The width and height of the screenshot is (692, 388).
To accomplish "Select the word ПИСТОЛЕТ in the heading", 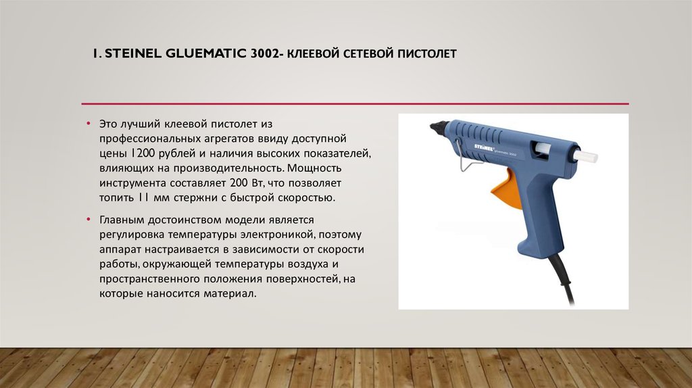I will (x=424, y=53).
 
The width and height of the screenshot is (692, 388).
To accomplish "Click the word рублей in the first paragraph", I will (x=178, y=153).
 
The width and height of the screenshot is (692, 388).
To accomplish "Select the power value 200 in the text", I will (x=239, y=183).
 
